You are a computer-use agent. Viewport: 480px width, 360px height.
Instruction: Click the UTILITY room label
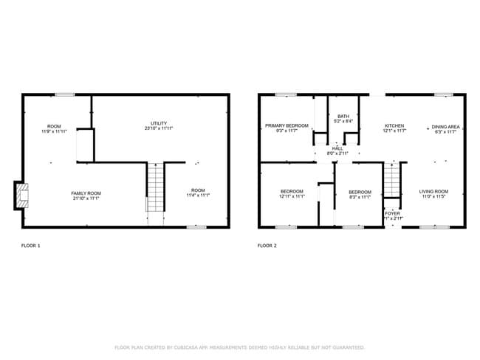(159, 123)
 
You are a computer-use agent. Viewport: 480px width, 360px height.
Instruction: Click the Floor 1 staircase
(154, 188)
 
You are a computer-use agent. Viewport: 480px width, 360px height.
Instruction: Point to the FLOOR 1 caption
(30, 245)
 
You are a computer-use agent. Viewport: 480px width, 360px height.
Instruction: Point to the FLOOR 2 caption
(267, 245)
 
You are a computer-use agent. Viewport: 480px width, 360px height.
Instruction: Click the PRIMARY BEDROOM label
(287, 126)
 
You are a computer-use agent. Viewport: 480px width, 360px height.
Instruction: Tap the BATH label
(343, 116)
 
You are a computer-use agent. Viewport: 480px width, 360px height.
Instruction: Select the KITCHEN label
(394, 126)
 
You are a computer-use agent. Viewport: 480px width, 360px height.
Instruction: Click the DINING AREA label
(445, 126)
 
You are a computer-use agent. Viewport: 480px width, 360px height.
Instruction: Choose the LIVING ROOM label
(434, 191)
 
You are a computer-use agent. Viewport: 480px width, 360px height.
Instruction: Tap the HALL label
(337, 148)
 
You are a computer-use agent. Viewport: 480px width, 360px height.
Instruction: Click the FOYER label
(392, 213)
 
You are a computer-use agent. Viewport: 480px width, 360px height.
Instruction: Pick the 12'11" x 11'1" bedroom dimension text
(292, 197)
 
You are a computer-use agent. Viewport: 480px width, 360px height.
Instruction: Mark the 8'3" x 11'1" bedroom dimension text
(360, 197)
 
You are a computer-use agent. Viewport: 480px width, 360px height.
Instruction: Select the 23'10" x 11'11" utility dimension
(159, 129)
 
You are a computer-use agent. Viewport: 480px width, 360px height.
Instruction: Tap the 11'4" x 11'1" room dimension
(197, 195)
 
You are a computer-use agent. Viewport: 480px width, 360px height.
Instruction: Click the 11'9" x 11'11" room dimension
(54, 131)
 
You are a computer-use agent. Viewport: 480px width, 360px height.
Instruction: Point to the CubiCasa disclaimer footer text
(239, 347)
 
